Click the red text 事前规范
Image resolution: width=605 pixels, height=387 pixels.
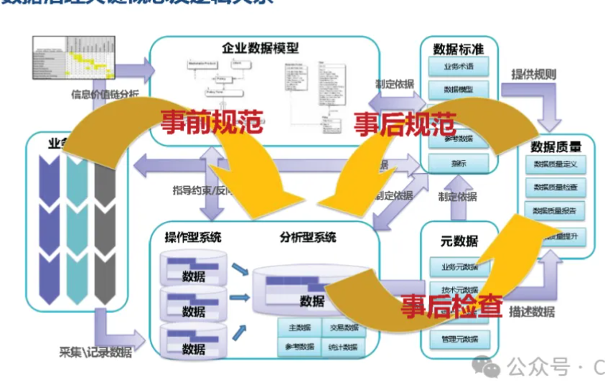coord(210,121)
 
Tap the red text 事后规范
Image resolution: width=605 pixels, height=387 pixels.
coord(405,123)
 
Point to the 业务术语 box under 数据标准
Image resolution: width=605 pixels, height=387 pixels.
coord(459,67)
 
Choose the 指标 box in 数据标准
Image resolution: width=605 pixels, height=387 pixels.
coord(459,163)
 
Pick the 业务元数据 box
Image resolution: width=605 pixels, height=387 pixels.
coord(459,266)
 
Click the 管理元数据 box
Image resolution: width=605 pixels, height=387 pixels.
coord(459,338)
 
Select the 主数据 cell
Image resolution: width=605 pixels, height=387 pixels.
coord(299,328)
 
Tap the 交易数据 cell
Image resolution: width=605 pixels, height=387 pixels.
coord(342,328)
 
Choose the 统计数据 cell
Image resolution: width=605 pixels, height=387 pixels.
coord(342,346)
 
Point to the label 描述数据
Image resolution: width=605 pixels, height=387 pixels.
coord(532,312)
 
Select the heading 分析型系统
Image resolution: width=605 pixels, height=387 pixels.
coord(308,237)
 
